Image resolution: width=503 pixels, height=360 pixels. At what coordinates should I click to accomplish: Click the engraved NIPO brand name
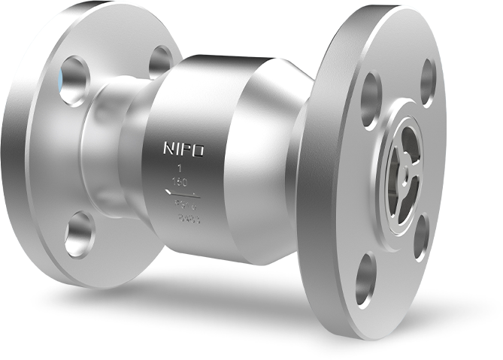[x=183, y=149]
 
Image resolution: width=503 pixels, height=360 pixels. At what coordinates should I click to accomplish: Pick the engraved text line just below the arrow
[x=184, y=205]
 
